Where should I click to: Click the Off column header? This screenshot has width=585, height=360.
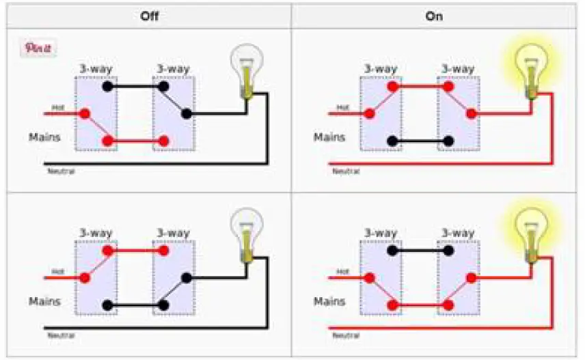pos(149,15)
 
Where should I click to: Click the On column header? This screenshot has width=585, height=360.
pos(435,15)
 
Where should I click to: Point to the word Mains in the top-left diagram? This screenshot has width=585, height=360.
pos(44,137)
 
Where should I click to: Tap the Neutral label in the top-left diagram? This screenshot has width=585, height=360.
pos(61,171)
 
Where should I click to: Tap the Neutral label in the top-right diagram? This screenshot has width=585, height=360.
pos(346,171)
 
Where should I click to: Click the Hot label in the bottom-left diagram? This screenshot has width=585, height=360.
pos(58,271)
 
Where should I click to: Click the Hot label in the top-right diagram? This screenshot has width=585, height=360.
pos(342,108)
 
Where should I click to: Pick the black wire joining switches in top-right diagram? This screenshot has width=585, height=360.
pos(420,141)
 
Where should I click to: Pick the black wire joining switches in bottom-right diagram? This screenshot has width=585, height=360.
pos(420,251)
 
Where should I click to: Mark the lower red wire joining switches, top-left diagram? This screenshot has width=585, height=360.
pos(135,141)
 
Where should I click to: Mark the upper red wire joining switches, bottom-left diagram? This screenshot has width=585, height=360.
pos(135,251)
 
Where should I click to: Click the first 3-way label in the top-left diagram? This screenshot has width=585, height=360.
pos(96,69)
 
